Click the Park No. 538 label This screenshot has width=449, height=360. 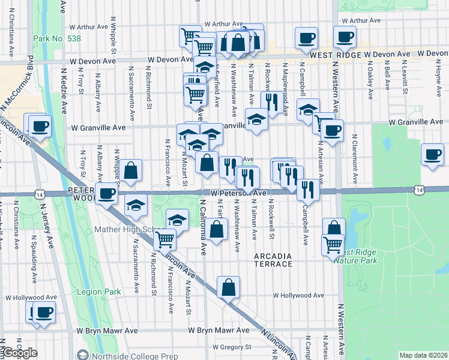click(x=57, y=38)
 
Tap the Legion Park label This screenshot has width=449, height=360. click(x=99, y=292)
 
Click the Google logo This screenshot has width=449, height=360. click(x=19, y=353)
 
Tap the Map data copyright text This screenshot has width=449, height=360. click(x=423, y=355)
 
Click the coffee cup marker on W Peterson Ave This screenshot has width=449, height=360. click(x=107, y=193)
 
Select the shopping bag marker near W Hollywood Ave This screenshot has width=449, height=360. click(x=228, y=287)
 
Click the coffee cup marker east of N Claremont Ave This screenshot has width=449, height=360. click(x=432, y=155)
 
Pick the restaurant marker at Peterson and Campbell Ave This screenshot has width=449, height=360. click(x=307, y=189)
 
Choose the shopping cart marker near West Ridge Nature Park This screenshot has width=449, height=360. click(x=333, y=244)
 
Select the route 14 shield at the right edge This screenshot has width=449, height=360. click(x=418, y=190)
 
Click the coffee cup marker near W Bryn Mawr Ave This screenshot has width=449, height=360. click(x=43, y=312)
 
